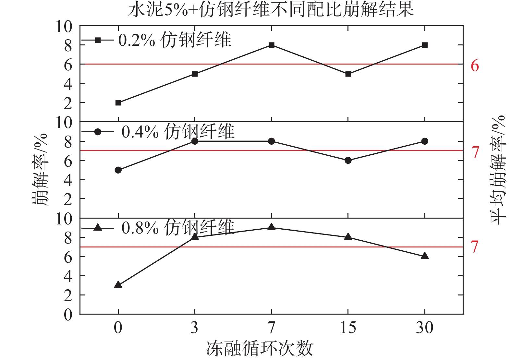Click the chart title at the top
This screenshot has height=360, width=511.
(x=271, y=10)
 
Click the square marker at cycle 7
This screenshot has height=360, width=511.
(x=272, y=45)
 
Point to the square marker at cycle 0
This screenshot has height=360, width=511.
(x=118, y=103)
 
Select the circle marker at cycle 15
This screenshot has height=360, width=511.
(x=348, y=160)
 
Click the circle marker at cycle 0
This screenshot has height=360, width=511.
(x=118, y=170)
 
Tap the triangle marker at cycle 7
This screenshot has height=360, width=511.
(x=272, y=227)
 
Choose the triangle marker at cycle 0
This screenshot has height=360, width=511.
(x=118, y=285)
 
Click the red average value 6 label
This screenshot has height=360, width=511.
(x=475, y=66)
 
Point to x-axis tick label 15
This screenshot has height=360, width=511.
(x=348, y=328)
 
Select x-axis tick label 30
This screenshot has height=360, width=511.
(x=425, y=328)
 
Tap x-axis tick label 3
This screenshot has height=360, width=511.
(x=194, y=328)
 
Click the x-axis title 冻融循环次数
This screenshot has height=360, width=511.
(x=260, y=349)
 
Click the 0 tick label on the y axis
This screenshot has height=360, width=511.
(x=68, y=315)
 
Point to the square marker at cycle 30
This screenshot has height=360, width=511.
(x=425, y=45)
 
